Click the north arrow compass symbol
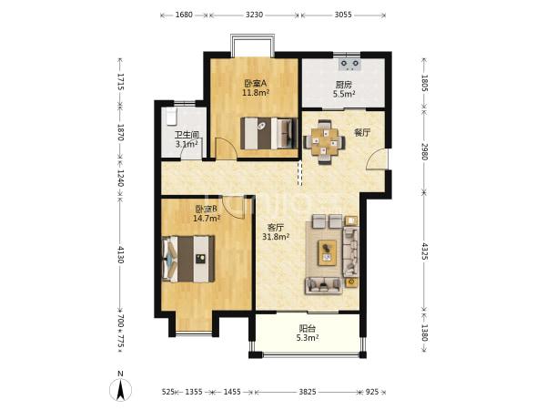coord(120,389)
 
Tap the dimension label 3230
coord(254,15)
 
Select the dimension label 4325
coord(425,251)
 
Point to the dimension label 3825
coord(308,392)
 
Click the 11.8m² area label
coord(257,93)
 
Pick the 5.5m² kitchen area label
coord(344,94)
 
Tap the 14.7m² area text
coord(207,219)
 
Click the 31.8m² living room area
coord(276,237)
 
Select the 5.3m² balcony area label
coord(308,337)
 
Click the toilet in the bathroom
coord(171,117)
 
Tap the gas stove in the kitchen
coord(350,64)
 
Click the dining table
coord(325,141)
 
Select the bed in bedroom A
coord(268,133)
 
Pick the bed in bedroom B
coord(188,259)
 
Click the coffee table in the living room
coord(327,252)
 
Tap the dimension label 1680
coord(184,15)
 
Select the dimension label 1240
coord(120,178)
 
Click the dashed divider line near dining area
coord(299,173)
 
